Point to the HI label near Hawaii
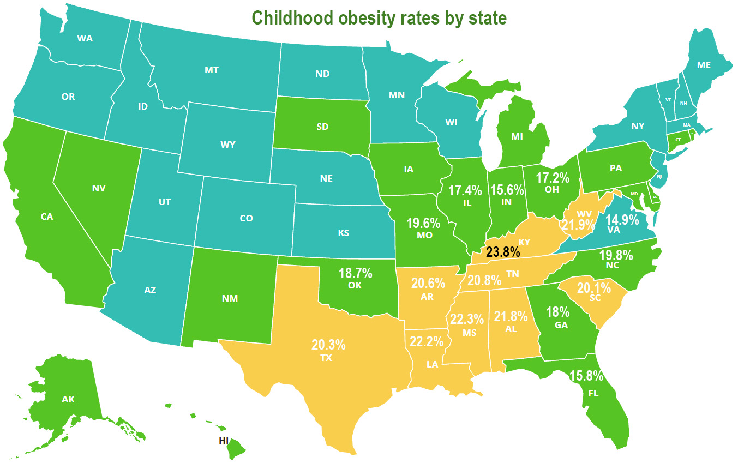pos(223,441)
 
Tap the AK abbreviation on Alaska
pos(68,399)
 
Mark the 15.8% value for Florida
pos(587,376)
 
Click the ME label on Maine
pos(704,64)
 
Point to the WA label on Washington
pos(85,38)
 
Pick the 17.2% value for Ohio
pos(553,178)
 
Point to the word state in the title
pos(485,18)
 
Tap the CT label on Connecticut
pos(678,140)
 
